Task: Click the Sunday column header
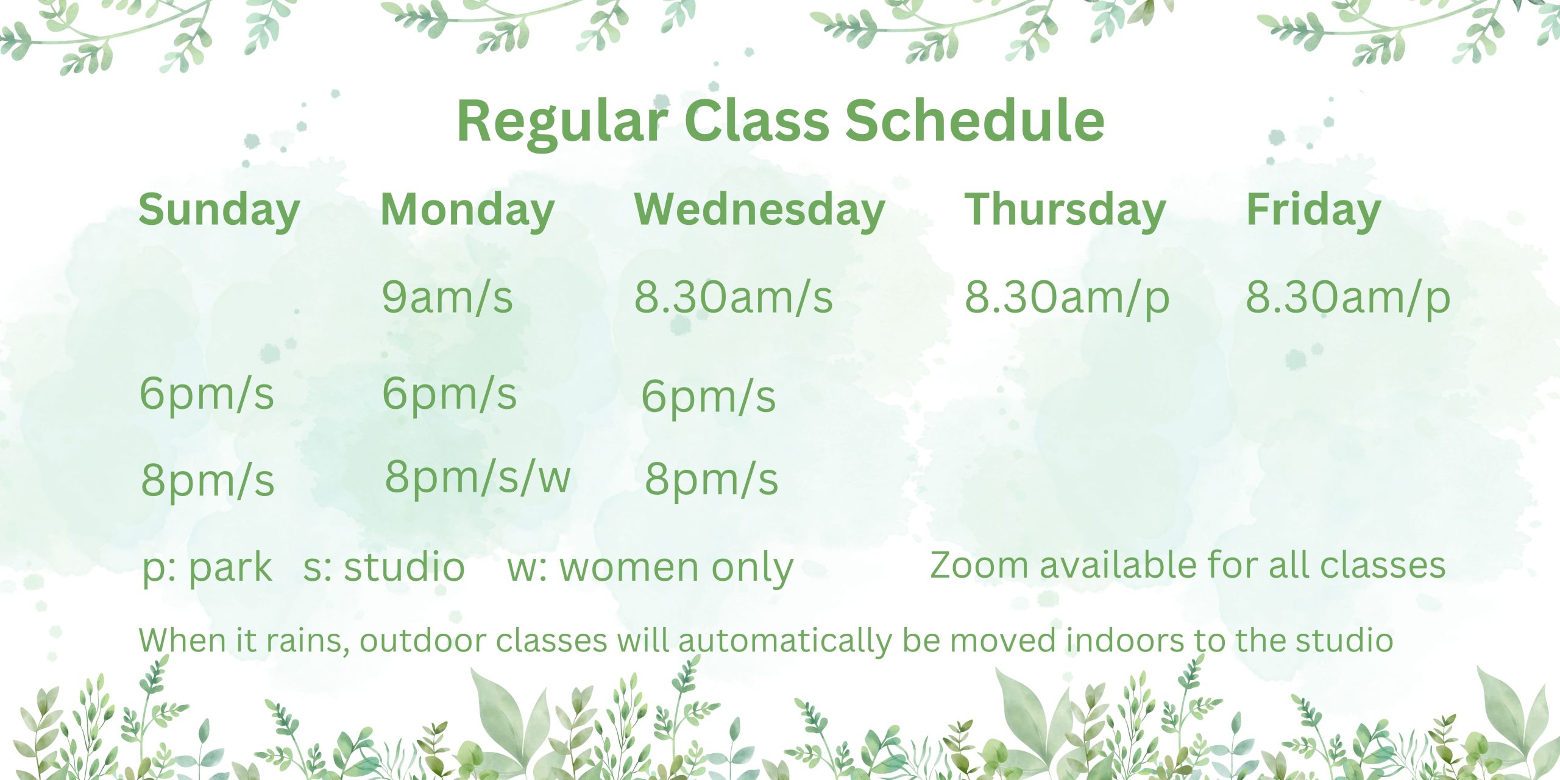(219, 211)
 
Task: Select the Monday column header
(467, 211)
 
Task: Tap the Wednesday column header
(760, 211)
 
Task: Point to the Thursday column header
(1065, 211)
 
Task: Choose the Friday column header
(1314, 211)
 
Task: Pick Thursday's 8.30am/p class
(1067, 299)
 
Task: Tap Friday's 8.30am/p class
(1348, 299)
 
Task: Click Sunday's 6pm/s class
(207, 395)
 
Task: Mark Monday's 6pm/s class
(450, 395)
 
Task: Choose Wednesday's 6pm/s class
(709, 398)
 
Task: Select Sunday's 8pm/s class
(208, 481)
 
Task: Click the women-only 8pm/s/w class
(478, 478)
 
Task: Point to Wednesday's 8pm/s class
(712, 480)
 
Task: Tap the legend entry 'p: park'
(207, 569)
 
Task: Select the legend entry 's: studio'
(384, 567)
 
